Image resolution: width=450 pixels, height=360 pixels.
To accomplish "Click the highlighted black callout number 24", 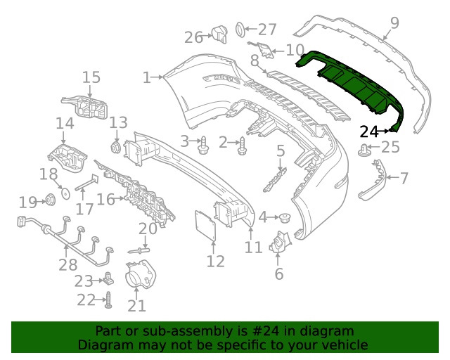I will (x=368, y=131).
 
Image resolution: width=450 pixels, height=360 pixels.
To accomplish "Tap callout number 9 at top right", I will (x=394, y=23).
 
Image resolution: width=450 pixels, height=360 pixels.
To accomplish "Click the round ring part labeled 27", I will (x=240, y=30).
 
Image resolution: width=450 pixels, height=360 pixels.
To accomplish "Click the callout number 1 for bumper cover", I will (x=147, y=77).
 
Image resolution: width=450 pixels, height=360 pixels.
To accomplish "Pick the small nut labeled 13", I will (x=117, y=146).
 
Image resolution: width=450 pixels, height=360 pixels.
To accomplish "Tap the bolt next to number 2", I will (x=243, y=145).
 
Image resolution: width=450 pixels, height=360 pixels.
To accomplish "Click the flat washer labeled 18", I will (x=63, y=191).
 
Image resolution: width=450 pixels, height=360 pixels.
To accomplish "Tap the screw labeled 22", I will (x=110, y=301).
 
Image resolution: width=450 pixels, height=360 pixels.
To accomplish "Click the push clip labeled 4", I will (x=285, y=217).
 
